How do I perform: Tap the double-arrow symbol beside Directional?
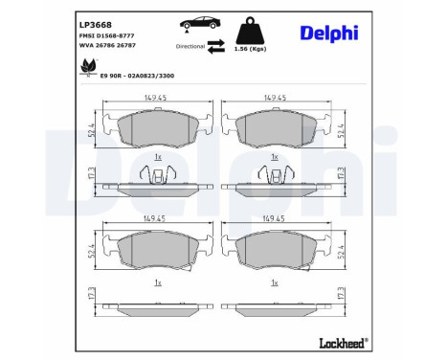click(215, 45)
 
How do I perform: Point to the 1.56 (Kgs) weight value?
click(250, 48)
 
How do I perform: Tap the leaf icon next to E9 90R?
click(85, 68)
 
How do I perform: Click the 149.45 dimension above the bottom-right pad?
click(275, 219)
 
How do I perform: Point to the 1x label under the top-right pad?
click(274, 156)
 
